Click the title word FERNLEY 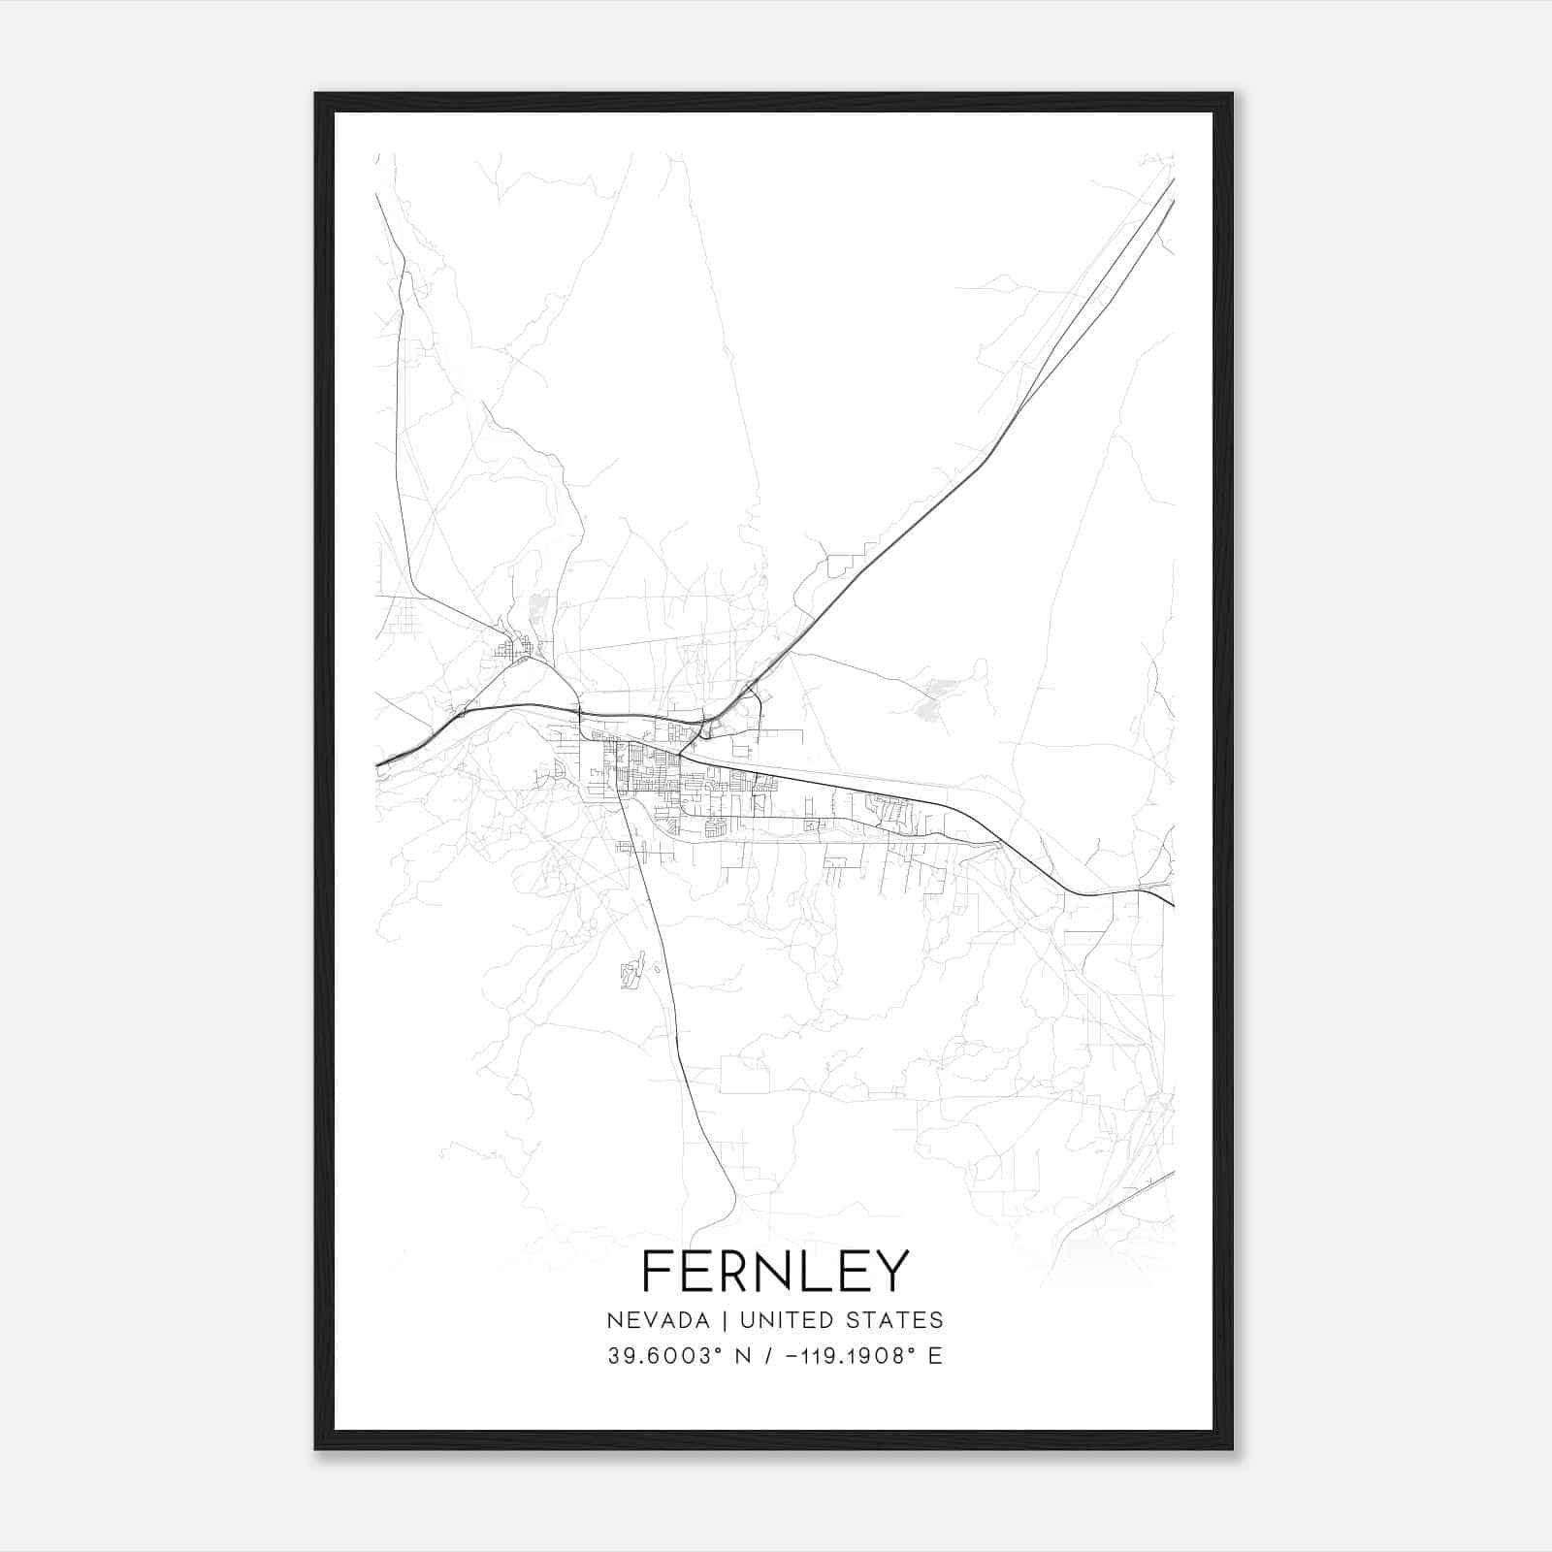(x=775, y=1272)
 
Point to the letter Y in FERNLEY (x=892, y=1272)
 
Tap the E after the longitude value (x=935, y=1356)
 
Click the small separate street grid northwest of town (x=512, y=648)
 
